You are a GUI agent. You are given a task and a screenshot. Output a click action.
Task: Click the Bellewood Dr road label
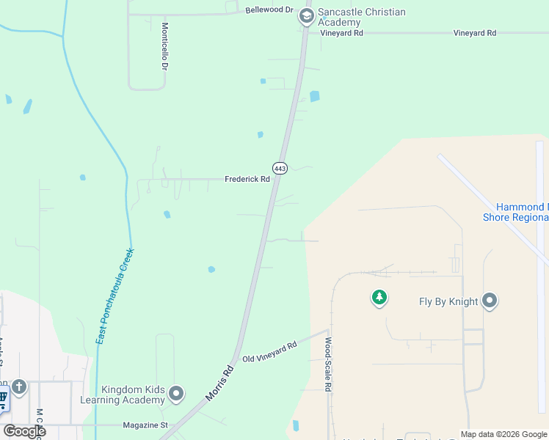pos(269,10)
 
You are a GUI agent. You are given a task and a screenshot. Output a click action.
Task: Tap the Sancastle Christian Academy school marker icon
pos(307,17)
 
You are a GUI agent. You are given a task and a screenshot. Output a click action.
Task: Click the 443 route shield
pos(280,168)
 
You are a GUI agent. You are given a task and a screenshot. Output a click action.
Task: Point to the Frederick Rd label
pos(247,179)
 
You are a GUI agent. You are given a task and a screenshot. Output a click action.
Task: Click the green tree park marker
pos(379,298)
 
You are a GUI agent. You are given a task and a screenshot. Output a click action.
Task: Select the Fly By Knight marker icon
pos(490,301)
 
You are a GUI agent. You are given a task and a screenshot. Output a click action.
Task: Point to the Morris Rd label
pos(220,384)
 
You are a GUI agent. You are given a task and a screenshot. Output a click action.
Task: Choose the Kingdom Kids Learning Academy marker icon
pos(176,395)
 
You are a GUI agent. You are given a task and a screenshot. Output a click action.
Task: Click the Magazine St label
pos(145,425)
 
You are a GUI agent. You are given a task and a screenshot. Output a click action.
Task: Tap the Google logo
pos(24,431)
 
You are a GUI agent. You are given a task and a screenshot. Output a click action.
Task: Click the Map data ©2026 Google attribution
pos(504,434)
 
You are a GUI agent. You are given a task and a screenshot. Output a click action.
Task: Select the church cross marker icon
pos(19,386)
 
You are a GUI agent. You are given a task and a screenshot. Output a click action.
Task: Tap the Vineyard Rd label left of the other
pos(342,33)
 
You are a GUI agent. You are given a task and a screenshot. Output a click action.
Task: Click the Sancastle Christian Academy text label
pos(361,17)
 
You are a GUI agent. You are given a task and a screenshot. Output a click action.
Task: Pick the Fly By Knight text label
pos(448,301)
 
